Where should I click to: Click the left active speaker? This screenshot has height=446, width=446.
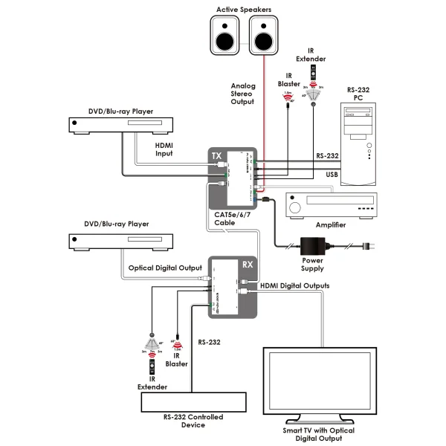click(224, 36)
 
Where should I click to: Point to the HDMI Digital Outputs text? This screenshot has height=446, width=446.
click(295, 285)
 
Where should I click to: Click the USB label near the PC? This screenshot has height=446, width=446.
click(321, 175)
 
